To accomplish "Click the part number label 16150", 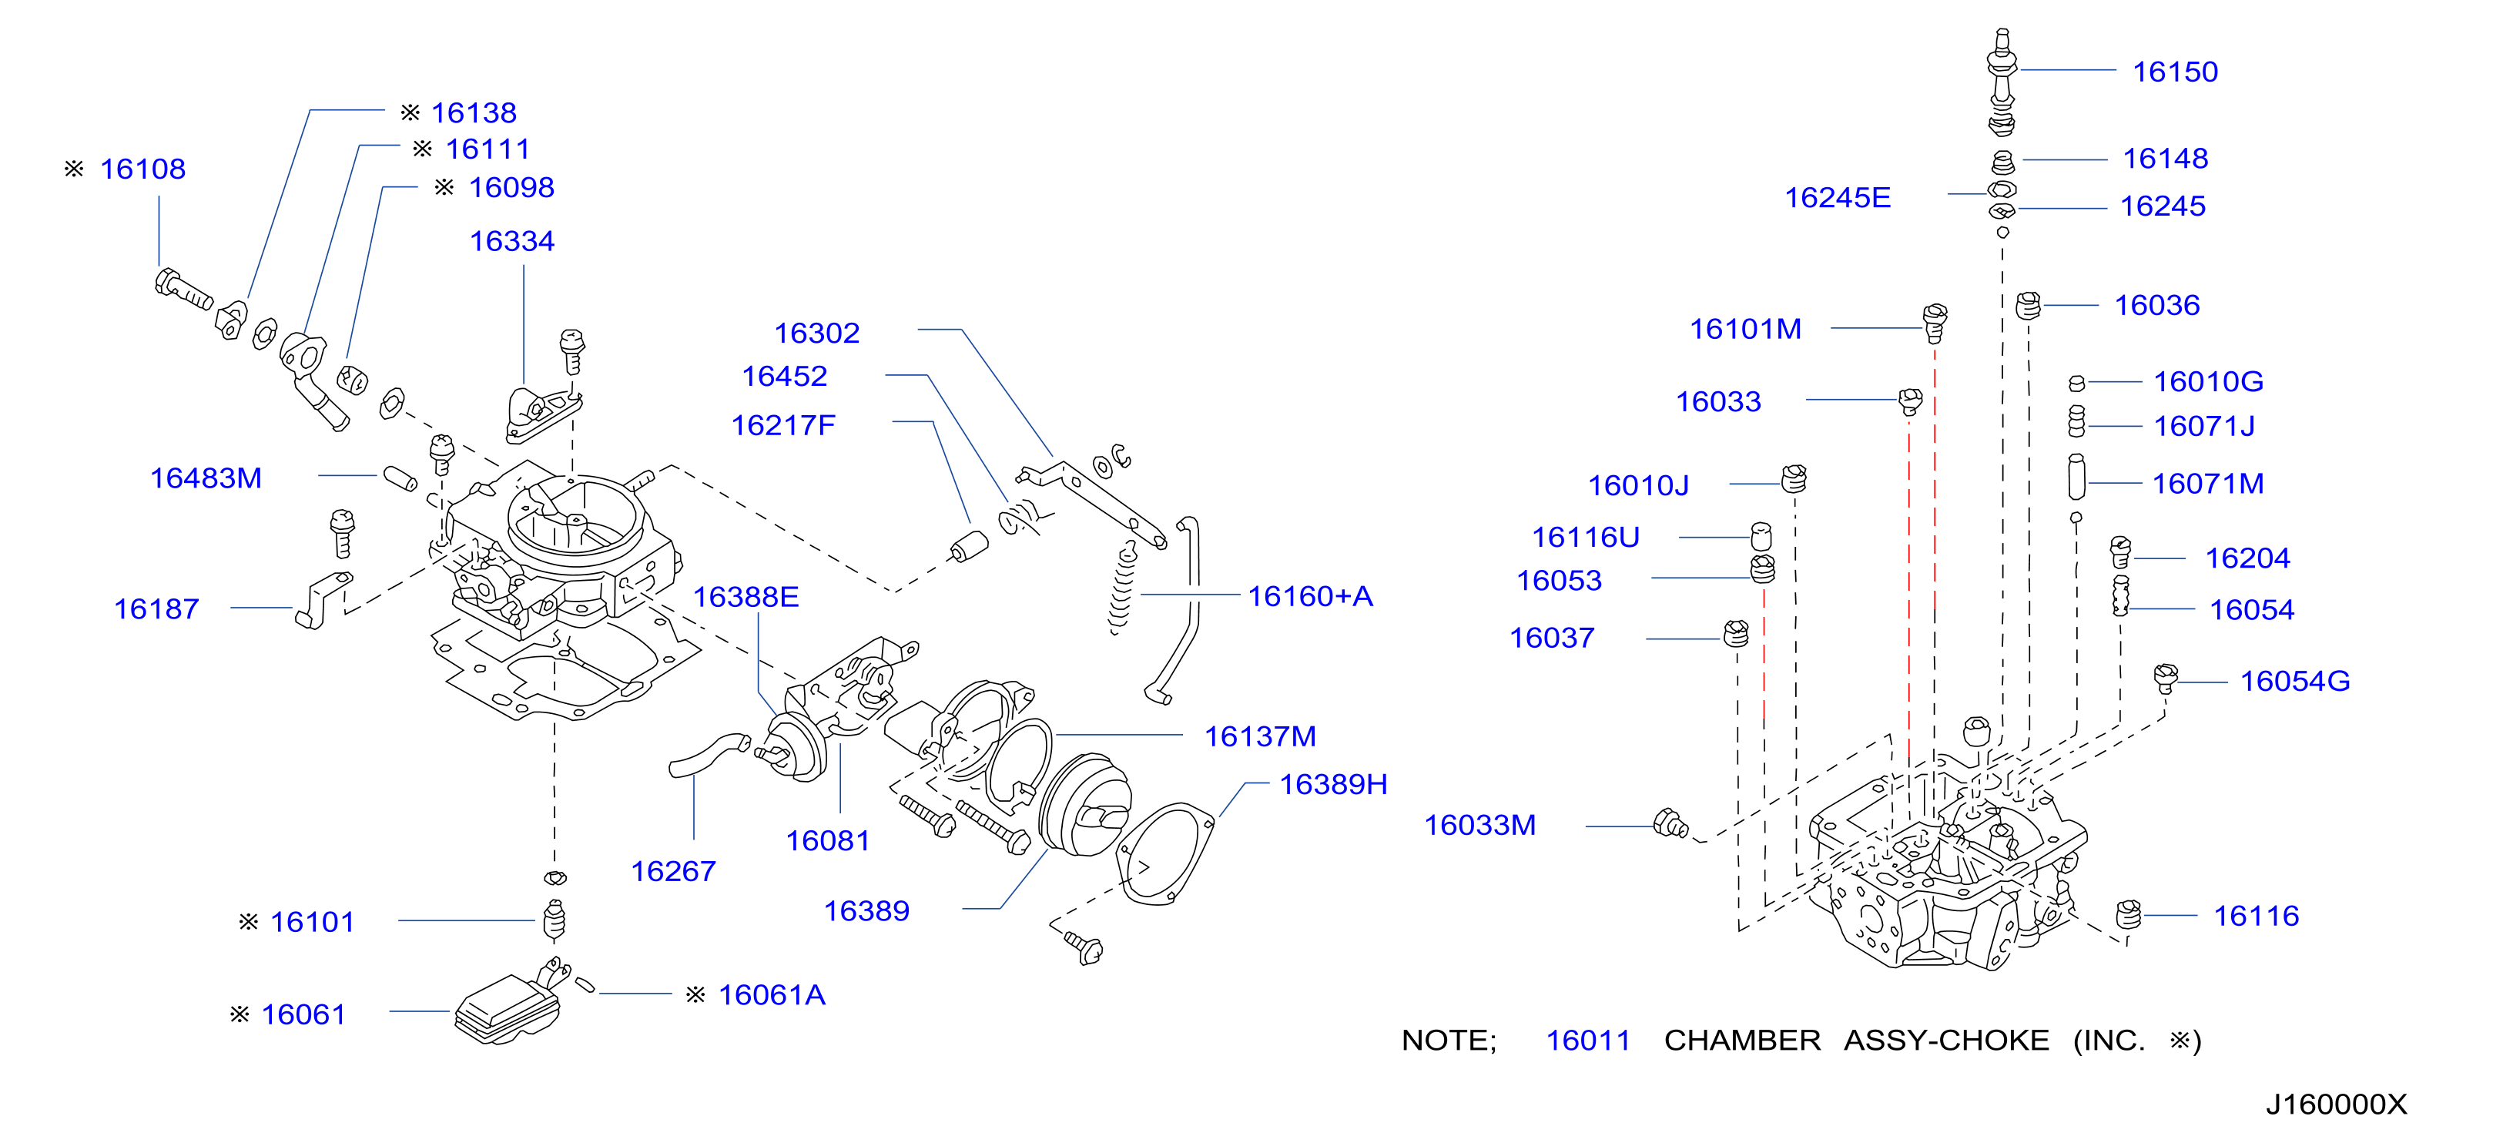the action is point(2175,72).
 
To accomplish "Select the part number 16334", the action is point(512,241).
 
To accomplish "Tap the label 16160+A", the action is point(1310,596).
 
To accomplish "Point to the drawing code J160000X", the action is point(2337,1104).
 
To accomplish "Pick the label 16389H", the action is point(1333,784).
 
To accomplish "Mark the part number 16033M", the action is point(1479,825).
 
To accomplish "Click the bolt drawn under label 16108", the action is point(183,289).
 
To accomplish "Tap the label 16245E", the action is point(1838,198).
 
